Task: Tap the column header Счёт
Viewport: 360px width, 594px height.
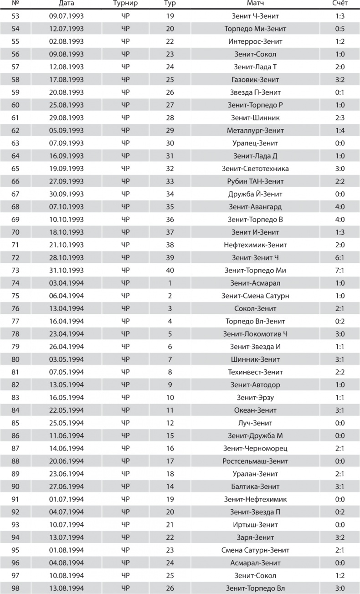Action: [x=339, y=4]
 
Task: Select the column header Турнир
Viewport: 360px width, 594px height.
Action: [x=125, y=4]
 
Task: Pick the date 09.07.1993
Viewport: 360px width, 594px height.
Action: [x=67, y=16]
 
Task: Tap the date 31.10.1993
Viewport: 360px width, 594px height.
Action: [x=67, y=271]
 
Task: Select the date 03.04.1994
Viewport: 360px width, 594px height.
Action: [x=67, y=283]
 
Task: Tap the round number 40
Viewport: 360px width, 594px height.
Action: [x=170, y=271]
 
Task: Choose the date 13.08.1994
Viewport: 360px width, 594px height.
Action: [x=67, y=588]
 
